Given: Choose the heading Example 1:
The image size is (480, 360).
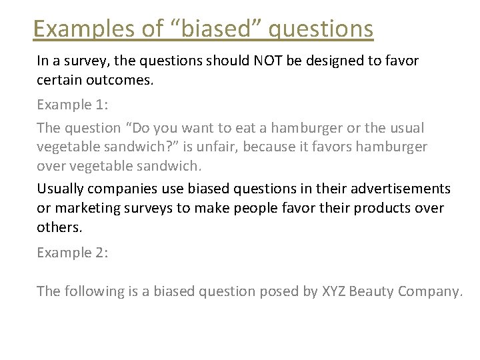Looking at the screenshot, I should coord(73,105).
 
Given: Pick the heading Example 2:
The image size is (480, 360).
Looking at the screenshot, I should coord(73,253).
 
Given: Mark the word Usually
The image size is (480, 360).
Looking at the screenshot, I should coord(61,189).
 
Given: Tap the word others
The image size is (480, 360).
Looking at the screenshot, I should coord(59,227).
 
